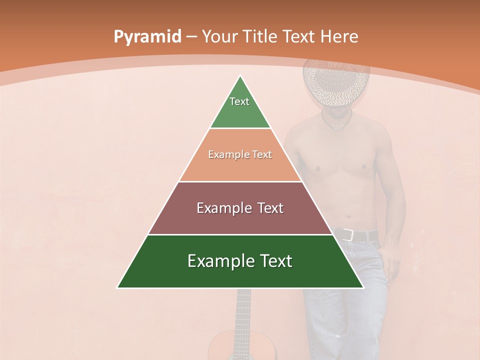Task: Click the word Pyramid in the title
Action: coord(147,37)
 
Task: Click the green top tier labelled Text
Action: coord(240,107)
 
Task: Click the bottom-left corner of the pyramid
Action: coord(118,287)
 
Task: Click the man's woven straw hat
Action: coord(336,82)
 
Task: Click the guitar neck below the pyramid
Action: coord(242,310)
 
